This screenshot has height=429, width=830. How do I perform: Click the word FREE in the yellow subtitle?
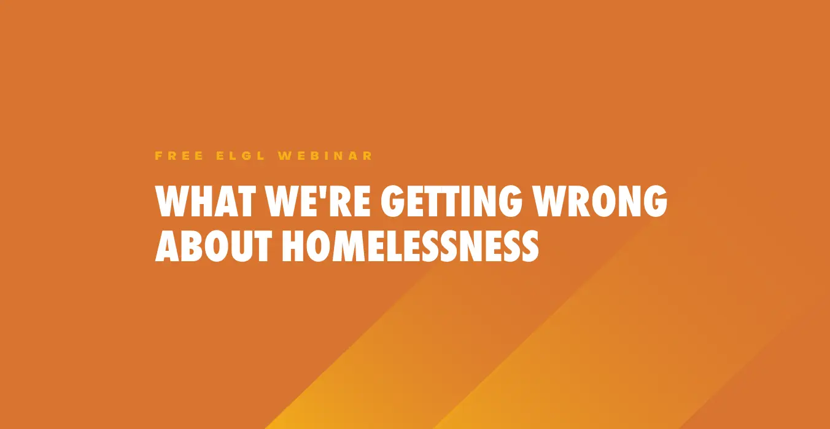(x=179, y=156)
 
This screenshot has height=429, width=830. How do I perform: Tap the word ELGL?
(x=241, y=156)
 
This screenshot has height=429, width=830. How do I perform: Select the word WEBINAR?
(x=325, y=156)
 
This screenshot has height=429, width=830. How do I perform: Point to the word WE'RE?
(x=318, y=201)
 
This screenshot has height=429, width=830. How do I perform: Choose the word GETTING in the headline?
(x=452, y=201)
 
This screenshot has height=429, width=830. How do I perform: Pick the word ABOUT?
(x=214, y=246)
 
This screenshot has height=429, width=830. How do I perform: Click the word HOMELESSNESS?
(x=411, y=246)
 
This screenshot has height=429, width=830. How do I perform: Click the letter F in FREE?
(x=158, y=156)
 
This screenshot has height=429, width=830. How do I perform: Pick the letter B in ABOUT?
(x=193, y=246)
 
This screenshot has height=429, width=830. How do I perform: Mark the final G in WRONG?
(x=656, y=201)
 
